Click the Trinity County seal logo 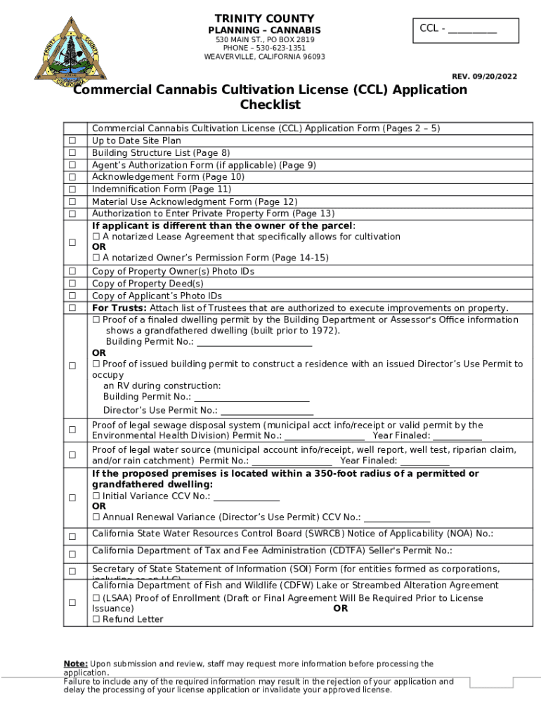68,51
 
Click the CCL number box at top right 465,30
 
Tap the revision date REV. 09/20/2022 484,76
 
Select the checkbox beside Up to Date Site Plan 72,141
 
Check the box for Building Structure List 72,153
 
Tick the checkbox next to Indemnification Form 72,190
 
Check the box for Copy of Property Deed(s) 72,284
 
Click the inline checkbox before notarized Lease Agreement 96,237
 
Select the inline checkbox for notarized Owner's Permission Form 96,258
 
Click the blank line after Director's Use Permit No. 266,411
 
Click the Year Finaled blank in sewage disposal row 457,436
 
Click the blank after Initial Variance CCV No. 246,496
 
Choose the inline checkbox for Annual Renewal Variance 96,517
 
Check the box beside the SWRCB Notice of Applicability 72,537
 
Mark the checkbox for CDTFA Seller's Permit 72,555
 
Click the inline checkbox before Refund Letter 96,620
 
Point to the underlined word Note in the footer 75,664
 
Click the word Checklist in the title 270,105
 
